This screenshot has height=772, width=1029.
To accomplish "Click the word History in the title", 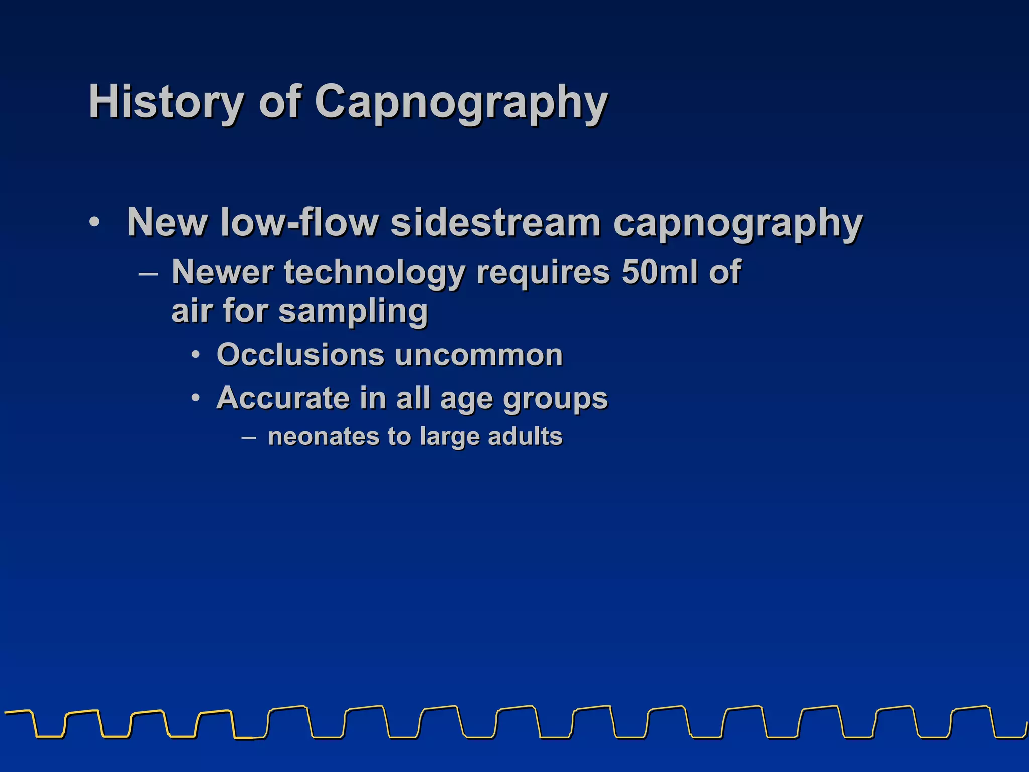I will (x=166, y=102).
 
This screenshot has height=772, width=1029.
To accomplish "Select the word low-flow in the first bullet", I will (x=298, y=222).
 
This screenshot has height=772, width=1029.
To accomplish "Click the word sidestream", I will (x=495, y=222).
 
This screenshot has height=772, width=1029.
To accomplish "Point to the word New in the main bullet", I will (x=167, y=222).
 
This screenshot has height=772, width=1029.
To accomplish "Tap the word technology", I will (x=374, y=273).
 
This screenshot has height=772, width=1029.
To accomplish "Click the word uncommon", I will (x=479, y=355).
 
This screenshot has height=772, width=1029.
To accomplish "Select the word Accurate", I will (x=283, y=398).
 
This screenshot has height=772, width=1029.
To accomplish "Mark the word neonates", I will (x=324, y=436).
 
